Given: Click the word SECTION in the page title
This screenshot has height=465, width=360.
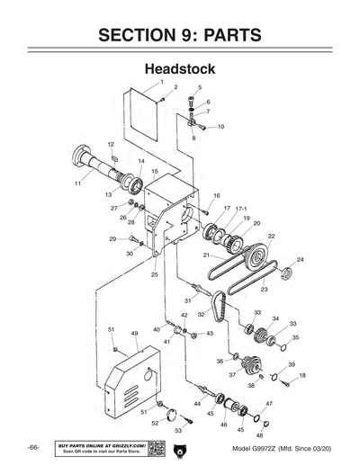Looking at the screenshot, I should [x=137, y=35].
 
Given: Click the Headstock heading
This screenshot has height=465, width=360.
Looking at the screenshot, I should [x=180, y=68].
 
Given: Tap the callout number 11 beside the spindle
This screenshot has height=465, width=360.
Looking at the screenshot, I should [x=77, y=183].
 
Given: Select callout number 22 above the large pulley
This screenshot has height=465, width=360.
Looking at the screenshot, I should [x=271, y=236].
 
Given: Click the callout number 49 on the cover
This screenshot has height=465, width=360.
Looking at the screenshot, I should [x=134, y=334].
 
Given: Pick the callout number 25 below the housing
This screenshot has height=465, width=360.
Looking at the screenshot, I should [x=155, y=274].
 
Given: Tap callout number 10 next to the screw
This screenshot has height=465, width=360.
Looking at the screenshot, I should [x=220, y=127].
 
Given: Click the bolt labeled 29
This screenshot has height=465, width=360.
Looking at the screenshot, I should [x=135, y=239].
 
